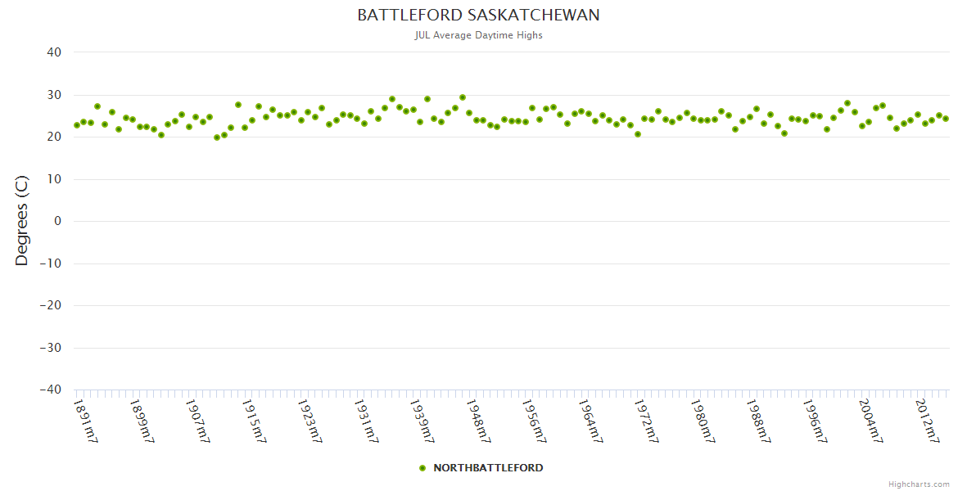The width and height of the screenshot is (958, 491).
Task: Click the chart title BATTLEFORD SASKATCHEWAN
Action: click(478, 16)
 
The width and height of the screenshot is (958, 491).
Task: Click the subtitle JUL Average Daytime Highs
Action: click(478, 35)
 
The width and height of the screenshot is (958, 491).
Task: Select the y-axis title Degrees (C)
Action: click(22, 221)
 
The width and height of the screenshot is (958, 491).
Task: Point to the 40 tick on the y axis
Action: click(54, 52)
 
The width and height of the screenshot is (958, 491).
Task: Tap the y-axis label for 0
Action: click(57, 221)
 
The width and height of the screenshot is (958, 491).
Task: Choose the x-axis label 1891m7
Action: click(86, 421)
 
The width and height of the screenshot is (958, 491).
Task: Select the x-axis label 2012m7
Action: click(926, 421)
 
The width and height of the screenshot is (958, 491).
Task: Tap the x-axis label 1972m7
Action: click(646, 421)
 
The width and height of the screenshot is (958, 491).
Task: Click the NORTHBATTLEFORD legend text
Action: click(488, 468)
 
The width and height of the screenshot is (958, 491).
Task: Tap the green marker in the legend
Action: click(423, 468)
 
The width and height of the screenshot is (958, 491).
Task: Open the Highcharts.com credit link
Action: click(919, 484)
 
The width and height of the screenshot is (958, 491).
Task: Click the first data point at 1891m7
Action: click(77, 125)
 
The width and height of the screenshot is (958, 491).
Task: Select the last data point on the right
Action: click(946, 119)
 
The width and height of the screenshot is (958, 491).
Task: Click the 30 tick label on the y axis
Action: click(54, 95)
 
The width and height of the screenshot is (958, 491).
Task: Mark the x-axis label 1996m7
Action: click(814, 421)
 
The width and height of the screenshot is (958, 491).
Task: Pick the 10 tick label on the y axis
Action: click(54, 179)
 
